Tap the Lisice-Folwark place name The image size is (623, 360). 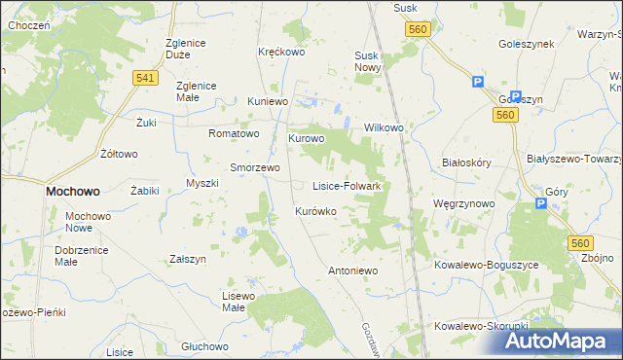(x=352, y=185)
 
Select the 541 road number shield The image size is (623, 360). (x=146, y=78)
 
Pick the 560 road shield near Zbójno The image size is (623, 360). (x=581, y=242)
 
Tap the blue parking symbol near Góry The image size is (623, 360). (x=541, y=203)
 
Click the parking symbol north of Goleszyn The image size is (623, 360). (x=478, y=83)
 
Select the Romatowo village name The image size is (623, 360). (x=234, y=133)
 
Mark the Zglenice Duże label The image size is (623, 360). (x=192, y=49)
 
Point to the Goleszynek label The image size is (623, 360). (x=526, y=44)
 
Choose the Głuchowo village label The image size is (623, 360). (x=204, y=346)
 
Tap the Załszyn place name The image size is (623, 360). (x=188, y=260)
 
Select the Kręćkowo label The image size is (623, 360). (x=281, y=52)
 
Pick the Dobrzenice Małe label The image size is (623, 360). (x=69, y=255)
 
